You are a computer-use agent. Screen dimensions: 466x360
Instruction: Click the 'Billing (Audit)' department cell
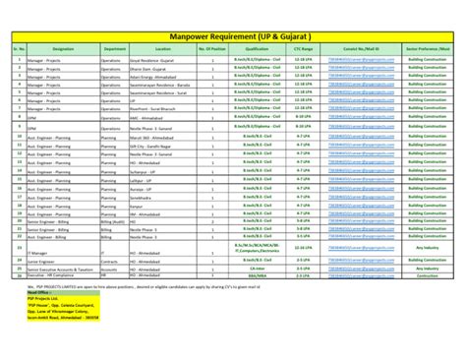pos(114,222)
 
